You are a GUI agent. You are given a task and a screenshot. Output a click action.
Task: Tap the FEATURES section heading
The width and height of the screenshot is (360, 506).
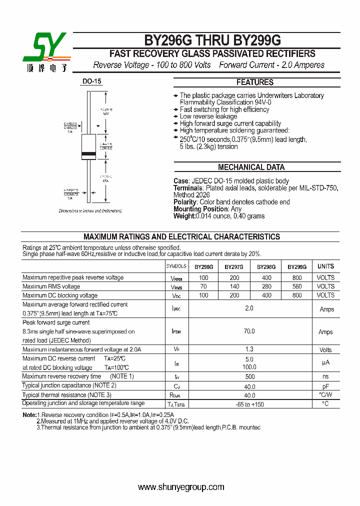point(254,82)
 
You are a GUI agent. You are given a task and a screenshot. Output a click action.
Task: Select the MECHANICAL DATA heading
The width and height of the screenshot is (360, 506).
point(251,167)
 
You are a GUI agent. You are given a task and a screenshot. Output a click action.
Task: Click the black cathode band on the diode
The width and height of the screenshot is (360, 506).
point(88,153)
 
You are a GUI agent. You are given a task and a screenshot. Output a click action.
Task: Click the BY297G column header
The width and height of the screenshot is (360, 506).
point(234,267)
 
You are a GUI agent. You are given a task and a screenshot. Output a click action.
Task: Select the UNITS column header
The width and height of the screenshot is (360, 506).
point(325,266)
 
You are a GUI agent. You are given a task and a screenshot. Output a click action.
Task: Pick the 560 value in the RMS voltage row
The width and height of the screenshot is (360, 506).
point(297,286)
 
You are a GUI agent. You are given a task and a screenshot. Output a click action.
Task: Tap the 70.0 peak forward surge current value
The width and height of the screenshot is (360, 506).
point(249,331)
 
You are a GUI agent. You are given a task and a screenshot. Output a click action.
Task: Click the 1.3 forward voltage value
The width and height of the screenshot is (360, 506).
point(249,349)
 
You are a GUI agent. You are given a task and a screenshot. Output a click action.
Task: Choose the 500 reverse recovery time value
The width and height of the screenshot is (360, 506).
point(249,376)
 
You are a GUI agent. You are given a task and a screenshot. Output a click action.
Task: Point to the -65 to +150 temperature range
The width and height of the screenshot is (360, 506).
point(249,404)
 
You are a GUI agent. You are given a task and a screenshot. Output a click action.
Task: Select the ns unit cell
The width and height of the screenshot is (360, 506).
point(325,376)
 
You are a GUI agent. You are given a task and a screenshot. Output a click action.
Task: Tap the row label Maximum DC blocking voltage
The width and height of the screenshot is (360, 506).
point(60,295)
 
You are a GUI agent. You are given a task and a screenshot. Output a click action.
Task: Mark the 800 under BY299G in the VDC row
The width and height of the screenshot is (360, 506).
point(297,295)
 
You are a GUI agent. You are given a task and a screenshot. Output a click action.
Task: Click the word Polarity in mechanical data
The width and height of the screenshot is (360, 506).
point(185,202)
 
